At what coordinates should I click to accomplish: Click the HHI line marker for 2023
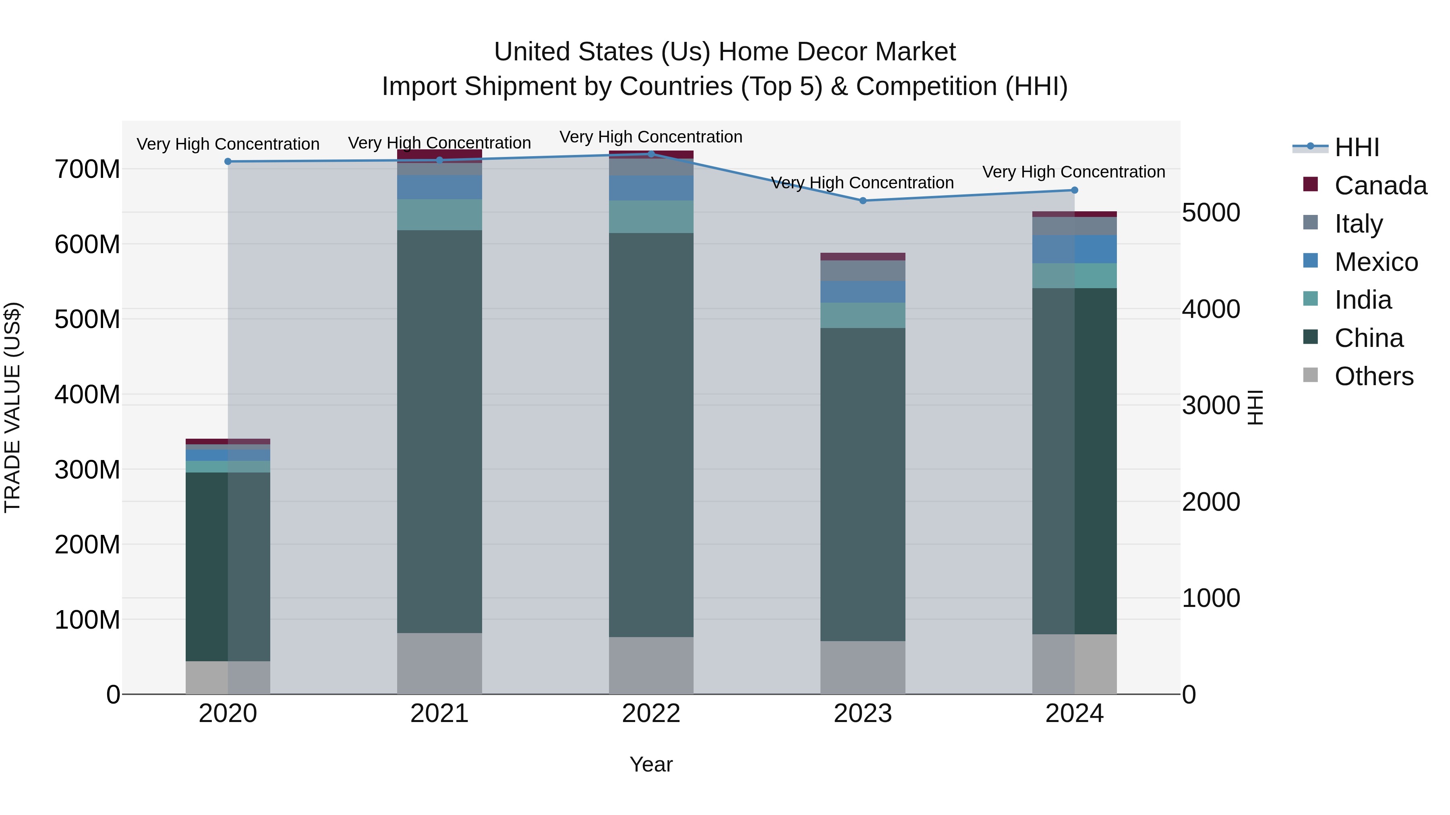click(862, 201)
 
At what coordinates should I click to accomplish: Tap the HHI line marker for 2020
click(228, 161)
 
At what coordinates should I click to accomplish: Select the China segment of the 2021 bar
click(439, 431)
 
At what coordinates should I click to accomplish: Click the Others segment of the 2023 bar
click(862, 668)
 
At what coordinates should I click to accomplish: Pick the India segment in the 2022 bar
click(651, 217)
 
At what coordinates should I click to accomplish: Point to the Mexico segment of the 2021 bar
click(439, 187)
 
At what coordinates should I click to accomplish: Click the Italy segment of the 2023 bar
click(862, 270)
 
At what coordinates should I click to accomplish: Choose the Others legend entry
click(1373, 376)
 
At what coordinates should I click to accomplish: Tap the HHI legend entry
click(1356, 147)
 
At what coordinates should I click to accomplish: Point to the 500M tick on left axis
click(87, 320)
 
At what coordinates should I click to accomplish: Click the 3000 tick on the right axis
click(1210, 406)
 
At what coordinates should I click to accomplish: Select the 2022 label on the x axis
click(651, 714)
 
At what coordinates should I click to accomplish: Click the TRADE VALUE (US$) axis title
click(12, 407)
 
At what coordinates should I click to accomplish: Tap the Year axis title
click(651, 764)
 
